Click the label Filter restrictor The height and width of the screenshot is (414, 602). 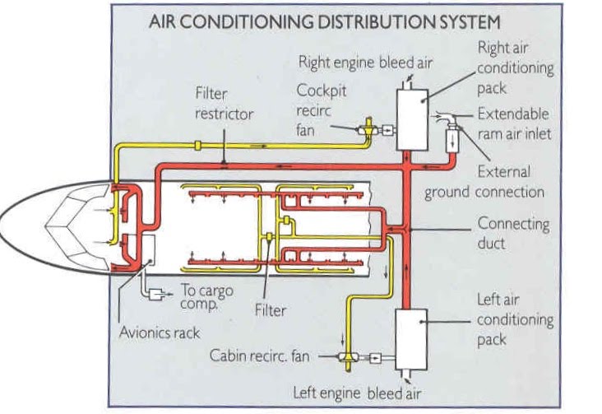tap(224, 104)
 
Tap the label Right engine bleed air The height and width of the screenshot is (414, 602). tap(365, 62)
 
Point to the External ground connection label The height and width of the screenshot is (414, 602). tap(485, 183)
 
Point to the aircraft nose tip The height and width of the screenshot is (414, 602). tap(3, 217)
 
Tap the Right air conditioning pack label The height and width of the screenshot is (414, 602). tap(514, 67)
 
